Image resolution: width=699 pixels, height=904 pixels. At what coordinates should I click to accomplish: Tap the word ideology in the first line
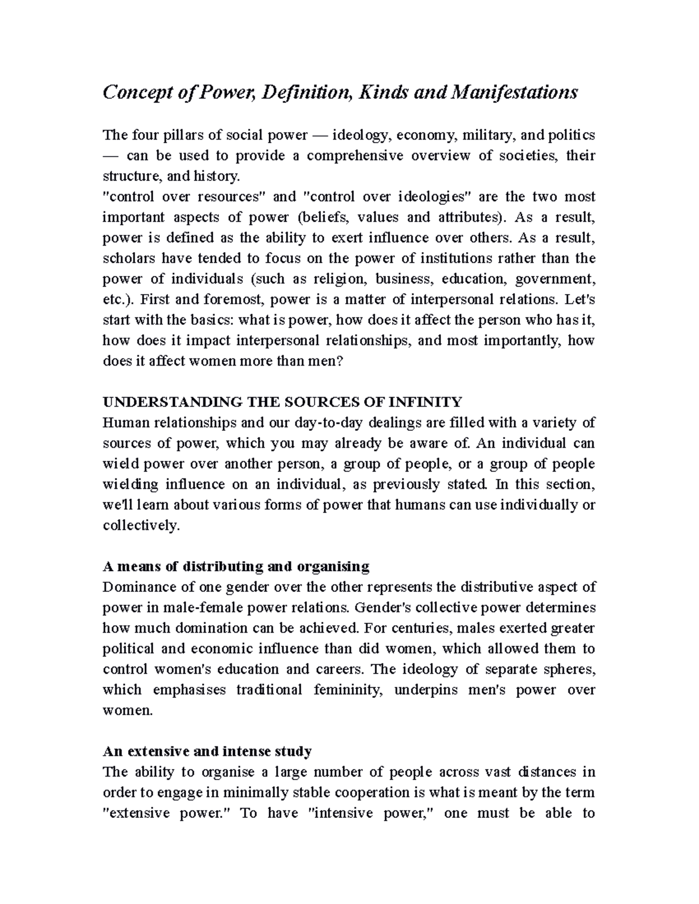[356, 135]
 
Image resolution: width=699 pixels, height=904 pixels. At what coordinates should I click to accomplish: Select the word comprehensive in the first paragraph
[355, 155]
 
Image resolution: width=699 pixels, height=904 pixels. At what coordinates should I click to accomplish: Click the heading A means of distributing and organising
[236, 566]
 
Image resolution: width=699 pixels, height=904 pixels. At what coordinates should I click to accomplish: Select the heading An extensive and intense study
[207, 751]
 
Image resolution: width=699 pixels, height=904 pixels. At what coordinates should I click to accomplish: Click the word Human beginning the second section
[122, 423]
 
